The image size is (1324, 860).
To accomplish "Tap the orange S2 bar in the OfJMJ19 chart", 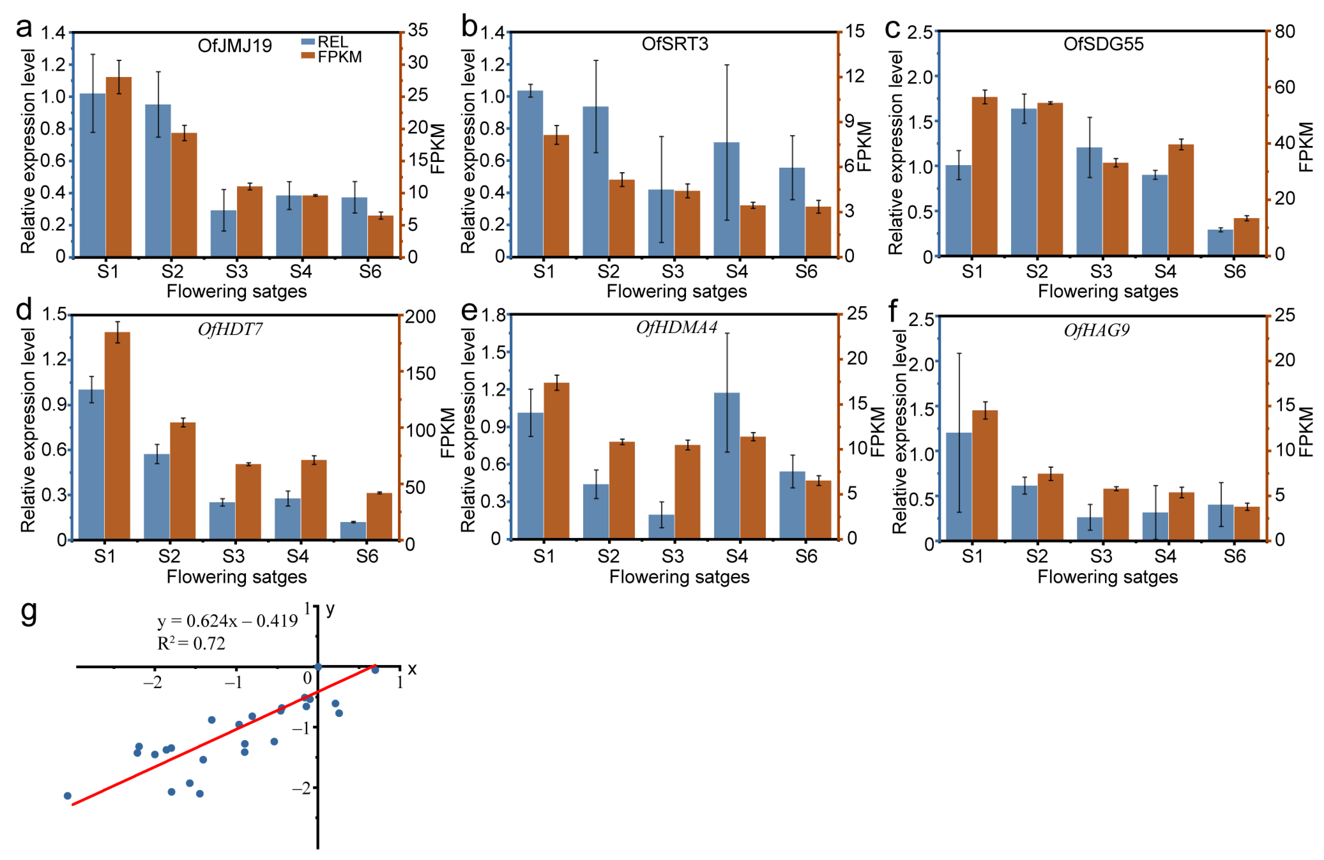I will pyautogui.click(x=184, y=195).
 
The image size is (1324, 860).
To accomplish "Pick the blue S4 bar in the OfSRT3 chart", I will pyautogui.click(x=727, y=199).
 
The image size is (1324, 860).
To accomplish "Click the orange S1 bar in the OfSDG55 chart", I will pyautogui.click(x=985, y=176).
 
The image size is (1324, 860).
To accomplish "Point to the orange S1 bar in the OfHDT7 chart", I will pyautogui.click(x=118, y=436).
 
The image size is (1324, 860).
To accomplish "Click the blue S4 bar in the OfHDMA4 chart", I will pyautogui.click(x=727, y=466).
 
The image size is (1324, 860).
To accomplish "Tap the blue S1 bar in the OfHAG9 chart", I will pyautogui.click(x=958, y=486).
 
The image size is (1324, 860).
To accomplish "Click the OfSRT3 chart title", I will pyautogui.click(x=675, y=44).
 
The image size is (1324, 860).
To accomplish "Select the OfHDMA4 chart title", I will pyautogui.click(x=676, y=328).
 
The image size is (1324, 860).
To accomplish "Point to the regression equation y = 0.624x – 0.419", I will pyautogui.click(x=227, y=621).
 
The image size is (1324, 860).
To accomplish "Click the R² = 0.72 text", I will pyautogui.click(x=191, y=643).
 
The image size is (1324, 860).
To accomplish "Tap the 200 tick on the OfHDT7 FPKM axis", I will pyautogui.click(x=420, y=316).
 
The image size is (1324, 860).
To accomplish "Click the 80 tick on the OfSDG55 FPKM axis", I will pyautogui.click(x=1285, y=32).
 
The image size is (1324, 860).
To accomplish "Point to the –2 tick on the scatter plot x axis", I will pyautogui.click(x=153, y=682).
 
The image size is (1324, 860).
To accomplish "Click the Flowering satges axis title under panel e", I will pyautogui.click(x=679, y=577).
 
